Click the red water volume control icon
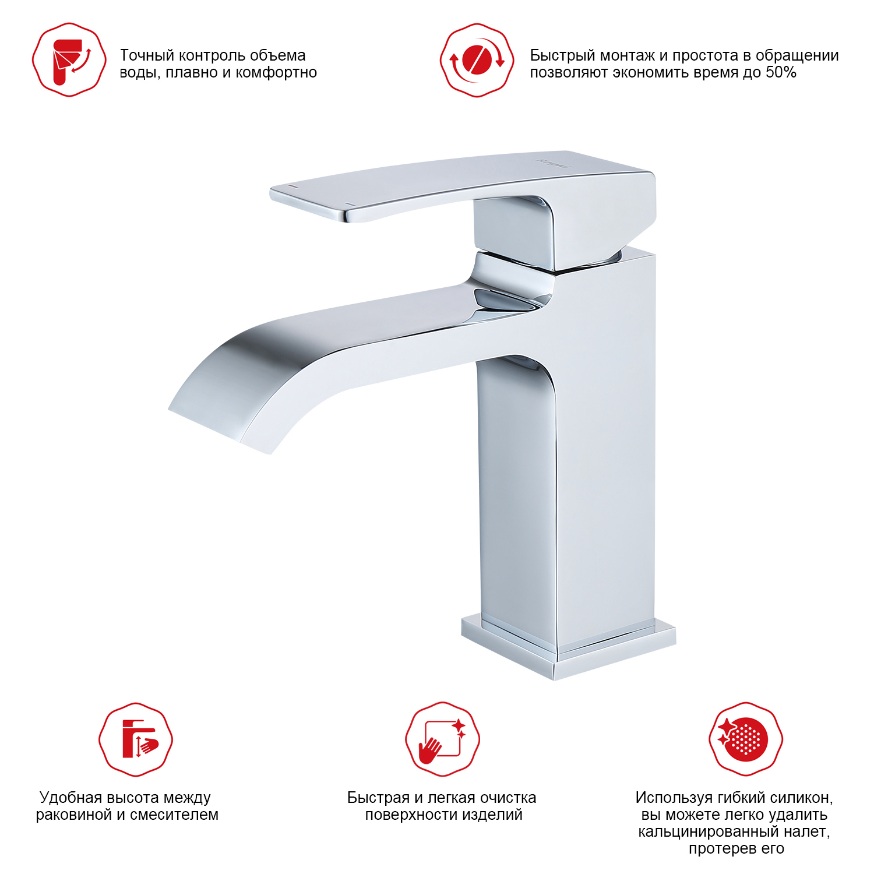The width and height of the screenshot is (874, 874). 69,60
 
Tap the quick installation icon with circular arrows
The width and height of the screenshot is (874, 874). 477,60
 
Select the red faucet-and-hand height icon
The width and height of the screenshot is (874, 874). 136,739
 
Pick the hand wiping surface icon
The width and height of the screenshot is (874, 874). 442,739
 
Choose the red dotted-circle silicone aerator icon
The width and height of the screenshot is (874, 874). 746,739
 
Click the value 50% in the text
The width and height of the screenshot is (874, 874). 781,72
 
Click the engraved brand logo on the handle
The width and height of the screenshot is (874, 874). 554,163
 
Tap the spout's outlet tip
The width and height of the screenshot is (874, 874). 218,429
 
